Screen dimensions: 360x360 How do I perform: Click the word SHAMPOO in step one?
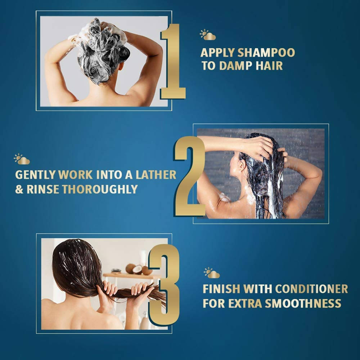266,53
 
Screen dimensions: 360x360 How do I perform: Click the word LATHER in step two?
156,175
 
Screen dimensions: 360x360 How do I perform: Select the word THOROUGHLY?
100,189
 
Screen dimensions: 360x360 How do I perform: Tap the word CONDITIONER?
311,289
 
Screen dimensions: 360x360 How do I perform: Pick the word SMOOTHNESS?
303,303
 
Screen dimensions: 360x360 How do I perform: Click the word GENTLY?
35,175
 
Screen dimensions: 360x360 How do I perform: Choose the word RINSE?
43,189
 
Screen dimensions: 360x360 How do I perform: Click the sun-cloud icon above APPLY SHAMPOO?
208,35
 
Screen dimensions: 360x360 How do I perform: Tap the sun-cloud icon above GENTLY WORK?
22,159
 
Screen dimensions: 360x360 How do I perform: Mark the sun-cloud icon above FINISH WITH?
212,273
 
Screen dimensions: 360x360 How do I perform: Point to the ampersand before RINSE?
19,189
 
